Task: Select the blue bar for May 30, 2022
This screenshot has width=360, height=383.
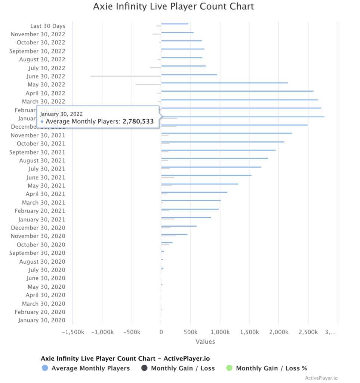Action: point(224,83)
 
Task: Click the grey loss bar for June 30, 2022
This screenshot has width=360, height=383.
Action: point(126,76)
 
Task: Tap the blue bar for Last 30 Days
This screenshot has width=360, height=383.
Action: point(175,24)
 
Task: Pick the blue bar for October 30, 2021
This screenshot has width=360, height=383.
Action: point(222,142)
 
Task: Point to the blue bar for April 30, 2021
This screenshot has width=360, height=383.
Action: point(194,192)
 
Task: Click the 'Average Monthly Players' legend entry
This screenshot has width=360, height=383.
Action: point(90,368)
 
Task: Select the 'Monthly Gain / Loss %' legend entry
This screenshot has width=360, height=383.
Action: point(271,368)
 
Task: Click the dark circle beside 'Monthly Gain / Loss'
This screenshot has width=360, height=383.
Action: point(144,368)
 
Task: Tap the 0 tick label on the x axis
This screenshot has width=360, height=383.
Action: point(161,332)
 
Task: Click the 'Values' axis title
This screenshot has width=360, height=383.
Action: point(205,341)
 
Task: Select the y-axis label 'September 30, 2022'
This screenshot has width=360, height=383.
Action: point(37,51)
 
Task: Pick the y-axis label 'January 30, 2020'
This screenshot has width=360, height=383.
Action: point(41,320)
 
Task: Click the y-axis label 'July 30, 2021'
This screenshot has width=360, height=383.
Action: point(47,169)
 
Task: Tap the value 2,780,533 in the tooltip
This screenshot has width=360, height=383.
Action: point(138,122)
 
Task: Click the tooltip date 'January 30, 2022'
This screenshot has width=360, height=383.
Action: point(61,114)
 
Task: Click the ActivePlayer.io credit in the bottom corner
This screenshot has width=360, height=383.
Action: point(321,378)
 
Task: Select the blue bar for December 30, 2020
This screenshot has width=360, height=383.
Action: point(179,226)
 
